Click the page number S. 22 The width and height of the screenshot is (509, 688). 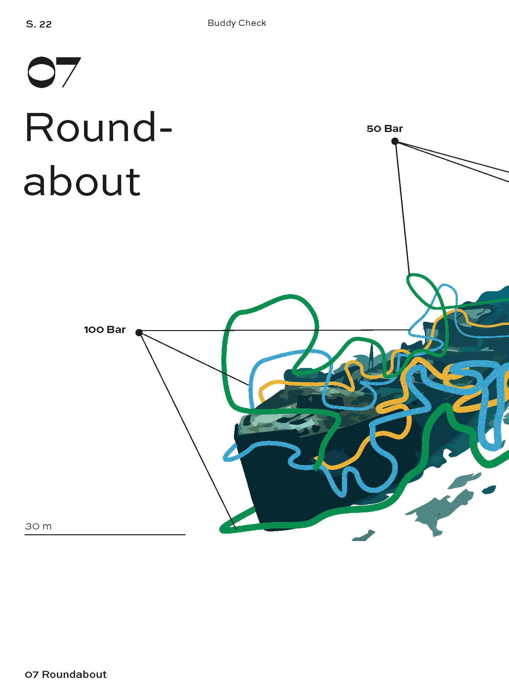coord(38,24)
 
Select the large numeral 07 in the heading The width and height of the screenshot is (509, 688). coord(54,72)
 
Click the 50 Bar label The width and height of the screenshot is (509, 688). coord(385,129)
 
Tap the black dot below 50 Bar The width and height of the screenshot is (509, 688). coord(395,141)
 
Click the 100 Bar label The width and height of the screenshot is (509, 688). coord(105,330)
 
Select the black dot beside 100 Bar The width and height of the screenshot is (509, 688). coord(139,333)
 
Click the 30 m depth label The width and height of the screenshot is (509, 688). coord(38,527)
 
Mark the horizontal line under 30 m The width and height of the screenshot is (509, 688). coord(105,535)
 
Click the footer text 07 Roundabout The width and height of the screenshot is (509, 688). coord(66,674)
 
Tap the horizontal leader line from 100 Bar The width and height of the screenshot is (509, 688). coord(275,330)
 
